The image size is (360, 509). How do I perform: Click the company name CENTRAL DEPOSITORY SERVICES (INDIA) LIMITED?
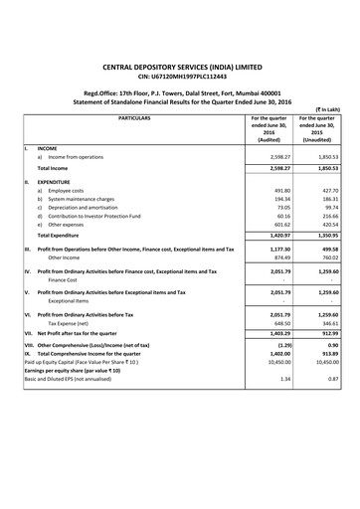click(180, 61)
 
